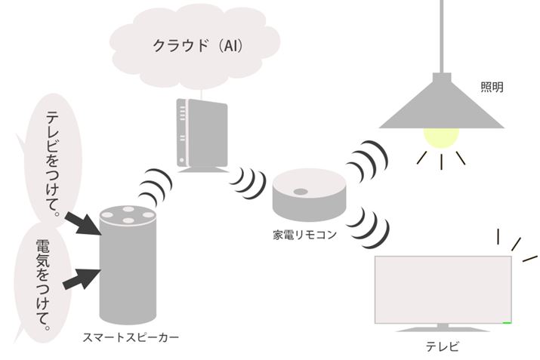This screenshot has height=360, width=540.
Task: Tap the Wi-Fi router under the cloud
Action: pos(201,134)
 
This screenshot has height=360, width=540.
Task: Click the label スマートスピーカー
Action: pos(130,338)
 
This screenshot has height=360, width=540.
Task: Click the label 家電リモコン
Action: pos(304,235)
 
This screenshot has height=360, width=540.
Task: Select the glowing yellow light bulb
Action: pos(441,137)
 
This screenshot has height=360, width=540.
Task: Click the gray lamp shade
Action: pos(441,106)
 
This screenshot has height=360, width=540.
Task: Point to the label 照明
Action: pos(492,88)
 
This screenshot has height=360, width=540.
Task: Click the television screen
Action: pos(443,289)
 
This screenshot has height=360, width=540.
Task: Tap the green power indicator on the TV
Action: pos(507,322)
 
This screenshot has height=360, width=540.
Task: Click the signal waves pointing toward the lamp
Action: pos(368,158)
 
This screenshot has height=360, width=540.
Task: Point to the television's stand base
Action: pos(443,328)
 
